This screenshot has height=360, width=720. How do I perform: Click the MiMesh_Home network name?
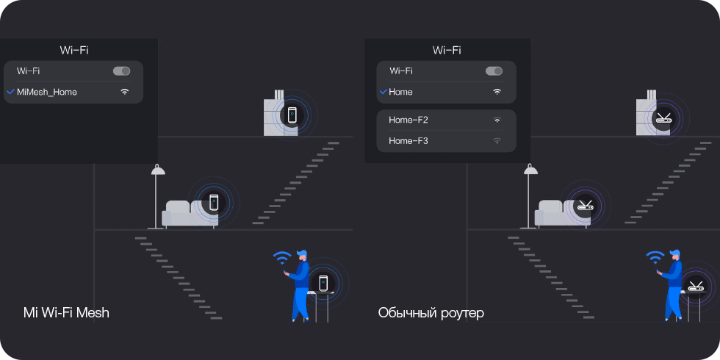[47, 92]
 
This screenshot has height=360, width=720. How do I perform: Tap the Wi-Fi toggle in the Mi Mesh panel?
[121, 71]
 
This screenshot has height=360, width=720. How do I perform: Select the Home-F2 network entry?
[408, 120]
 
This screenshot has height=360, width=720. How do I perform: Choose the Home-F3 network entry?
[408, 140]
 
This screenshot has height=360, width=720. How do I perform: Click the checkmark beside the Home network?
[383, 92]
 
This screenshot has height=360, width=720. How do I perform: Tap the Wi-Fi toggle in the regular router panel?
[494, 71]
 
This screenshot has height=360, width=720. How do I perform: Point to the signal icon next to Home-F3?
[497, 140]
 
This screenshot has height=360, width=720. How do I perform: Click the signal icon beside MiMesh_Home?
[124, 92]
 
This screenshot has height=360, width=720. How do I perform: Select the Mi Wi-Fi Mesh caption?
[66, 313]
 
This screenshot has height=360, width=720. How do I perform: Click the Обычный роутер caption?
[431, 313]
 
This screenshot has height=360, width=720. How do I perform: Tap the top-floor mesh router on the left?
[292, 115]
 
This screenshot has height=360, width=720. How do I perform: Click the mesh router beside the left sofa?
[214, 202]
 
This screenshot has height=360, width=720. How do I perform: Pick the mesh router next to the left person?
[323, 282]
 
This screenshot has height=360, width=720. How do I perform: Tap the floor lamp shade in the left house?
[158, 171]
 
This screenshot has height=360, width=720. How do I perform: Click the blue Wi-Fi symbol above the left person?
[282, 257]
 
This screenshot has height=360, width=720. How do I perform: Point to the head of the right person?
[674, 254]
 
